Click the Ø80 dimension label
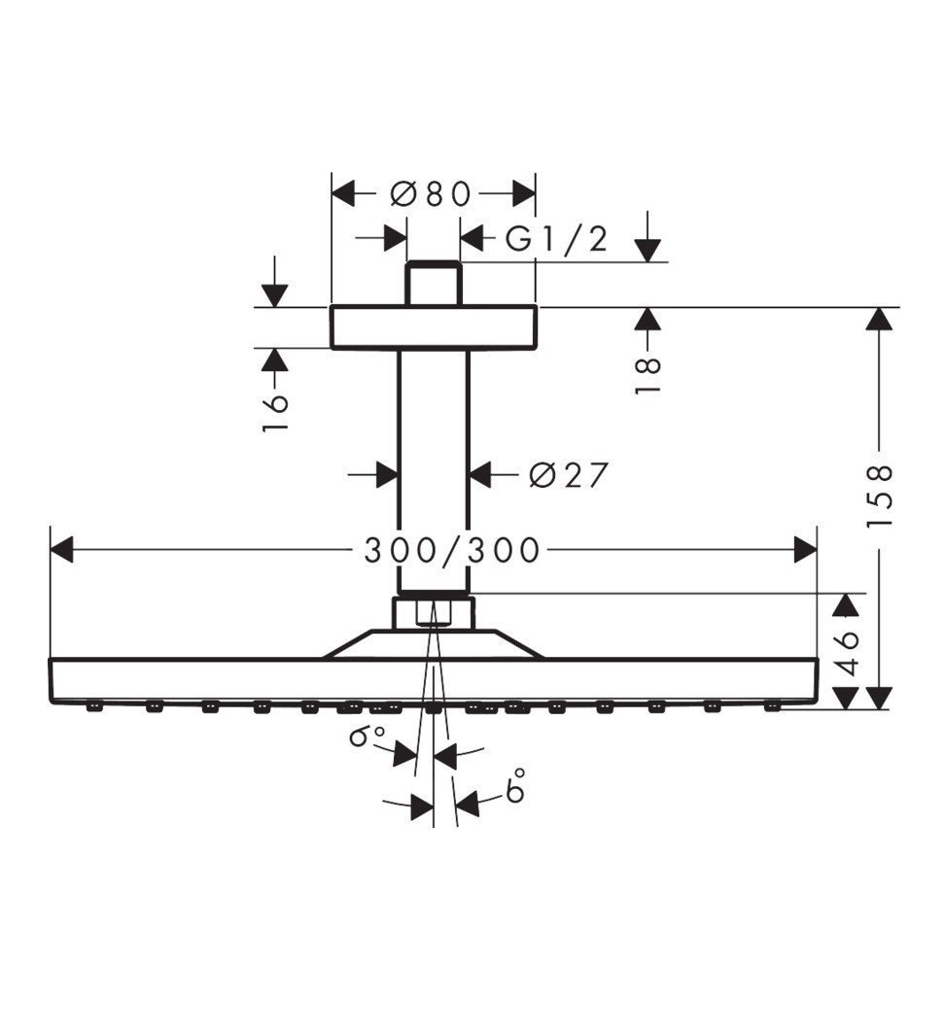pyautogui.click(x=431, y=193)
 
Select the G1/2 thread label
pyautogui.click(x=556, y=238)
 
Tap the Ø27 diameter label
pyautogui.click(x=569, y=475)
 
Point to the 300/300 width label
pyautogui.click(x=451, y=551)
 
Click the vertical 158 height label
pyautogui.click(x=879, y=497)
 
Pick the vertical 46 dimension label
pyautogui.click(x=848, y=653)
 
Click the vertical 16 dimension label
pyautogui.click(x=276, y=414)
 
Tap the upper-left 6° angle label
pyautogui.click(x=367, y=737)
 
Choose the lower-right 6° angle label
pyautogui.click(x=515, y=785)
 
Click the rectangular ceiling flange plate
pyautogui.click(x=434, y=327)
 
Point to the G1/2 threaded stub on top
pyautogui.click(x=434, y=284)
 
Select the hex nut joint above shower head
pyautogui.click(x=434, y=614)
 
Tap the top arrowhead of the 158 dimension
pyautogui.click(x=879, y=320)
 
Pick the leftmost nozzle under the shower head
pyautogui.click(x=93, y=706)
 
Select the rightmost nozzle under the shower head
pyautogui.click(x=772, y=706)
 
